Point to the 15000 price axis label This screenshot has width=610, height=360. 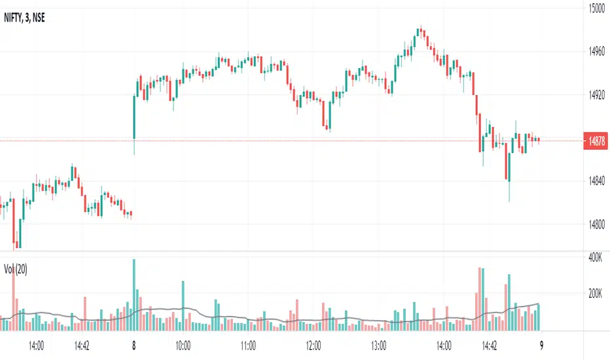click(596, 9)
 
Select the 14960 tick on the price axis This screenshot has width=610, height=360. click(596, 52)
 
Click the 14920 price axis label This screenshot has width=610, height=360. click(596, 95)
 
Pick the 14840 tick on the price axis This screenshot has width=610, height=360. click(596, 181)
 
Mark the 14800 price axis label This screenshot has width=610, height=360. click(596, 225)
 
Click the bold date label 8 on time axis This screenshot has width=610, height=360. click(134, 344)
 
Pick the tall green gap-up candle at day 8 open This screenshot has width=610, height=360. click(134, 117)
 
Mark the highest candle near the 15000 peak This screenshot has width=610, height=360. click(421, 31)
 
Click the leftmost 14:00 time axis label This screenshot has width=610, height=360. click(36, 344)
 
